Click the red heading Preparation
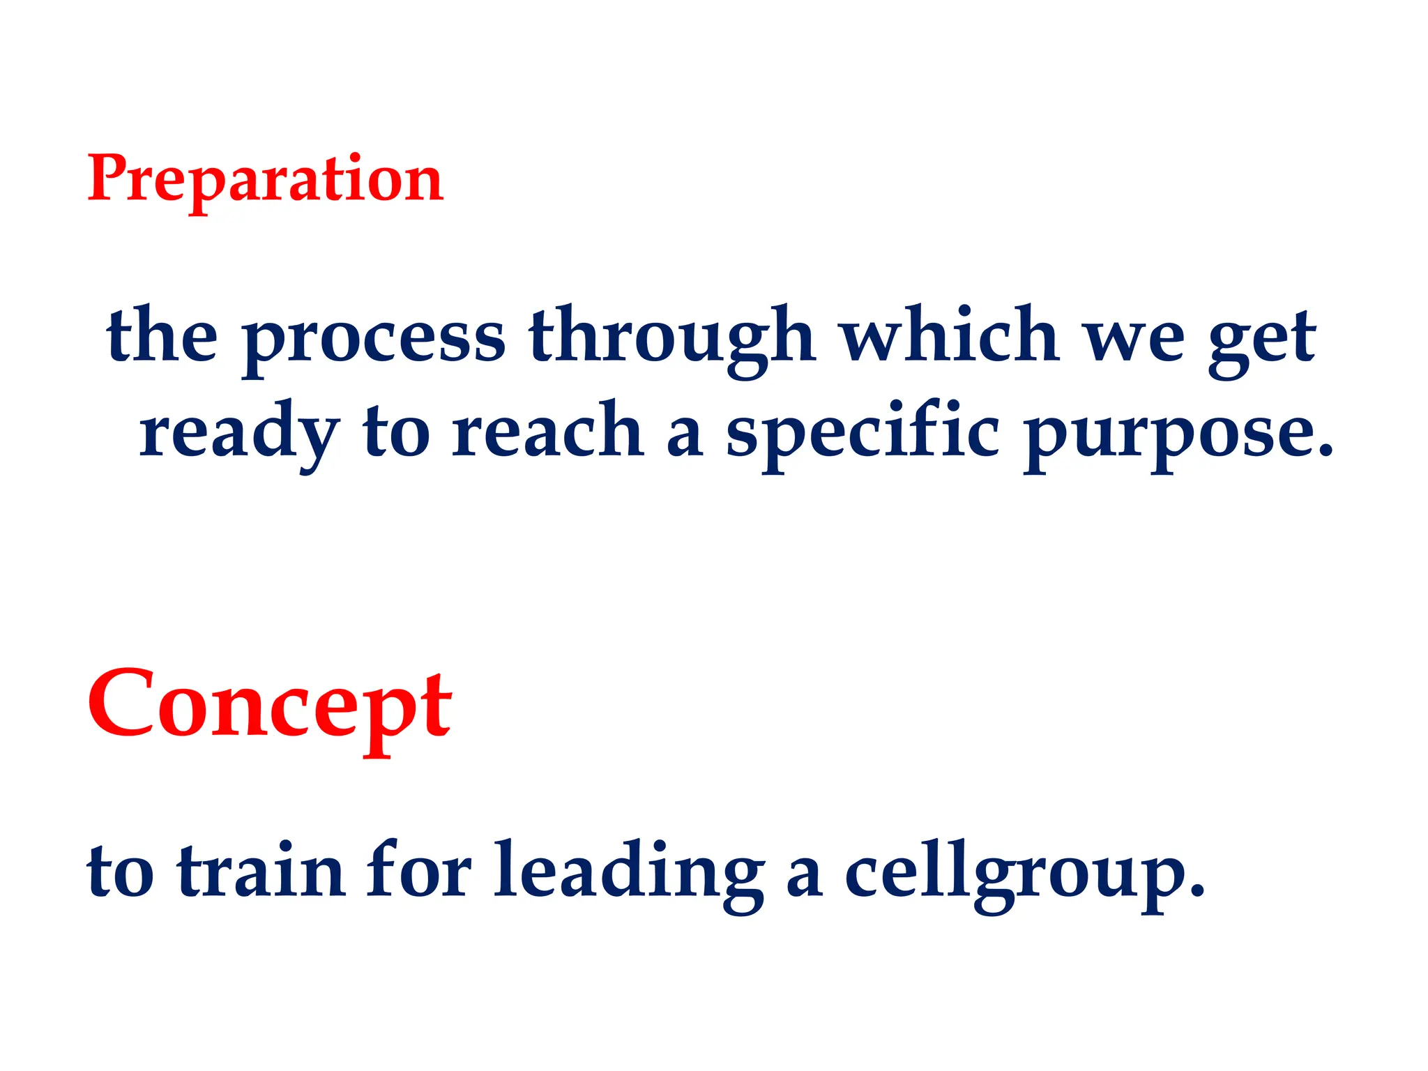pyautogui.click(x=265, y=180)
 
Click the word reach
pyautogui.click(x=547, y=432)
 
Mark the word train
pyautogui.click(x=261, y=872)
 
